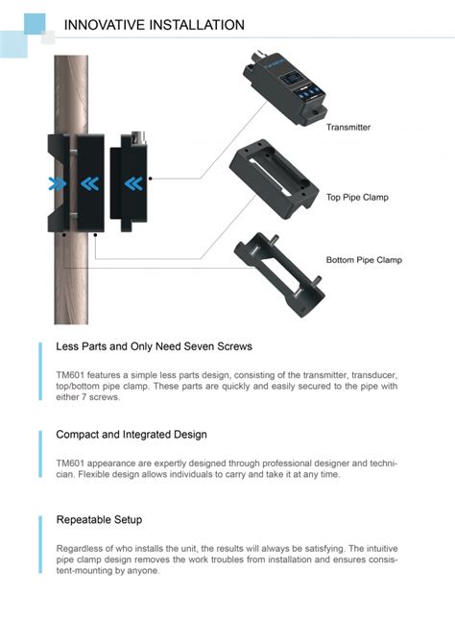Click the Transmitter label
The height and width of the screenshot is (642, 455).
point(347,127)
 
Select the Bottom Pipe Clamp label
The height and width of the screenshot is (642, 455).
point(364,260)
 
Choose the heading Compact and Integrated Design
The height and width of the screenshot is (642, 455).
point(132,435)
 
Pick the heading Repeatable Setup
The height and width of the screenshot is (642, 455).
point(99,519)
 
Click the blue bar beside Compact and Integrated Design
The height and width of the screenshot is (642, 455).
point(40,453)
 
